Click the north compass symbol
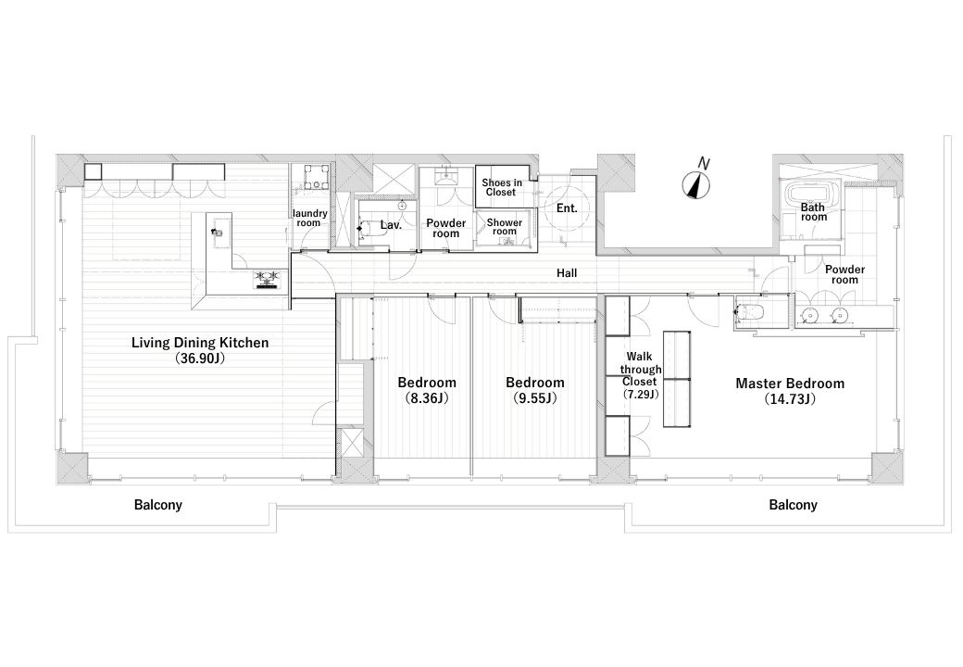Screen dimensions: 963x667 click(697, 183)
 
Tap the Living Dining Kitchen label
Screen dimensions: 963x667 click(200, 343)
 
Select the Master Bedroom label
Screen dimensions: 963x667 click(790, 384)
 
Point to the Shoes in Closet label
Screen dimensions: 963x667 click(501, 187)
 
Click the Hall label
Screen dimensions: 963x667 click(567, 272)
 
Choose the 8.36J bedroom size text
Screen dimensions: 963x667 click(427, 398)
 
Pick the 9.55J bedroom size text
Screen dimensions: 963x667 click(535, 398)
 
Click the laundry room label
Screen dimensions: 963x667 click(309, 218)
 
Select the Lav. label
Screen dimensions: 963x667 click(391, 225)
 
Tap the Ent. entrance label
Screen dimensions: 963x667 click(567, 208)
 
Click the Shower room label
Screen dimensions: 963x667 click(505, 227)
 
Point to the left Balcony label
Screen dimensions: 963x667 click(157, 505)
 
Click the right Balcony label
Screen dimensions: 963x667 click(793, 505)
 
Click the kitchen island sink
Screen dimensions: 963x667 click(216, 232)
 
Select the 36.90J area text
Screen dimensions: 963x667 click(200, 359)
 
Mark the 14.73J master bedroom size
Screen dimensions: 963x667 click(790, 399)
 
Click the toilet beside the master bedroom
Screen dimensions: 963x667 click(750, 312)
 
